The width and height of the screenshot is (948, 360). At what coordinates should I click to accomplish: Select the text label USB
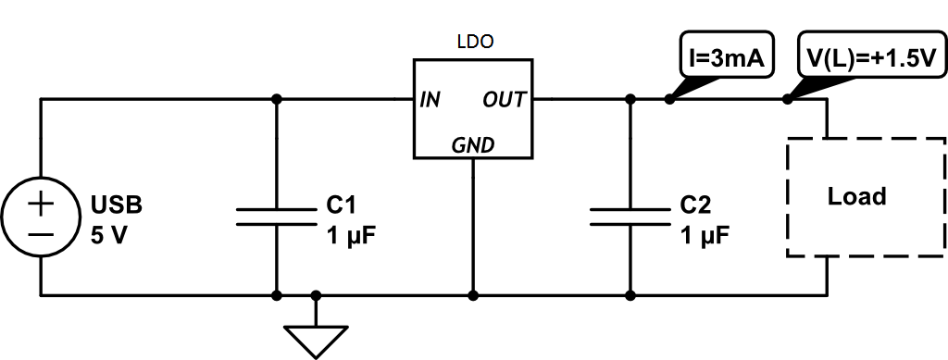pos(117,204)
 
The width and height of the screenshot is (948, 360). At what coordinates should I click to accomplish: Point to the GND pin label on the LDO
pos(472,144)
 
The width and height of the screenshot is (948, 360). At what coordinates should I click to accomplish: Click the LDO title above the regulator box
pos(475,42)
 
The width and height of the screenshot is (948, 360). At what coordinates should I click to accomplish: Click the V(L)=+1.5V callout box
pos(869,58)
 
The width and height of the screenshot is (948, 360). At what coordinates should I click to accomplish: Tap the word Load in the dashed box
pos(856,196)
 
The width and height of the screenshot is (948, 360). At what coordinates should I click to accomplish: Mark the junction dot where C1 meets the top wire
pos(276,99)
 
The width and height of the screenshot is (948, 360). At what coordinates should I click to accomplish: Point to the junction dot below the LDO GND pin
pos(473,296)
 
